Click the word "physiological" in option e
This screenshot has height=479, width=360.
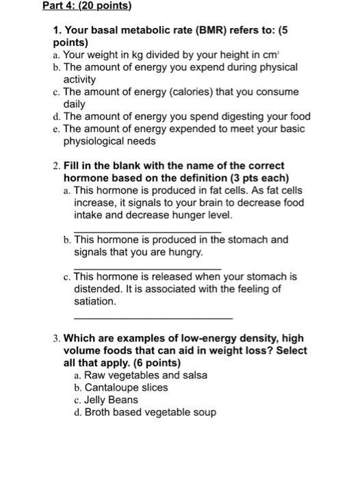pos(94,141)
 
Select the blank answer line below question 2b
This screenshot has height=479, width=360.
pos(148,268)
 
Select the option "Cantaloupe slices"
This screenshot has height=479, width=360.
pos(120,387)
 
